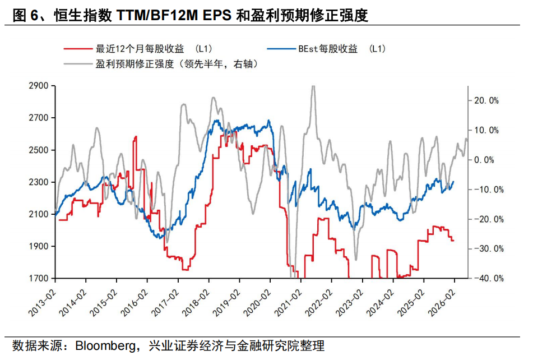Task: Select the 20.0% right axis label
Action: coord(486,100)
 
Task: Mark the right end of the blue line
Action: coord(453,181)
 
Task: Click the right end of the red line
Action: coord(453,241)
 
